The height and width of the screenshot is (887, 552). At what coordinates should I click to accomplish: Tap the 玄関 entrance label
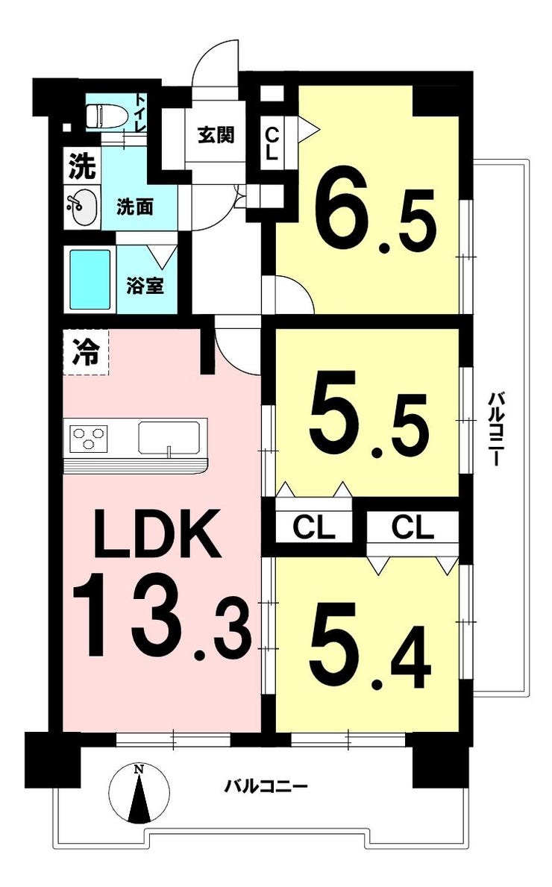tap(216, 135)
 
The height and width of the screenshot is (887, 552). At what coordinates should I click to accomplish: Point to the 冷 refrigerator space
tap(85, 353)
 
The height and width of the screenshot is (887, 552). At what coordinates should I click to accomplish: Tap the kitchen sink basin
tap(169, 437)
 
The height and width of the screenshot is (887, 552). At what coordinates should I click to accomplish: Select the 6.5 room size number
tap(375, 214)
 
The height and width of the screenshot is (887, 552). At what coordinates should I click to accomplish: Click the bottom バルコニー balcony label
tap(266, 786)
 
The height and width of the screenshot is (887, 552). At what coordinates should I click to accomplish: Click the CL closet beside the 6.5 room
tap(272, 143)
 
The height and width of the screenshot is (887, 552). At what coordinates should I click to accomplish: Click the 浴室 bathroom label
tap(145, 286)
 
